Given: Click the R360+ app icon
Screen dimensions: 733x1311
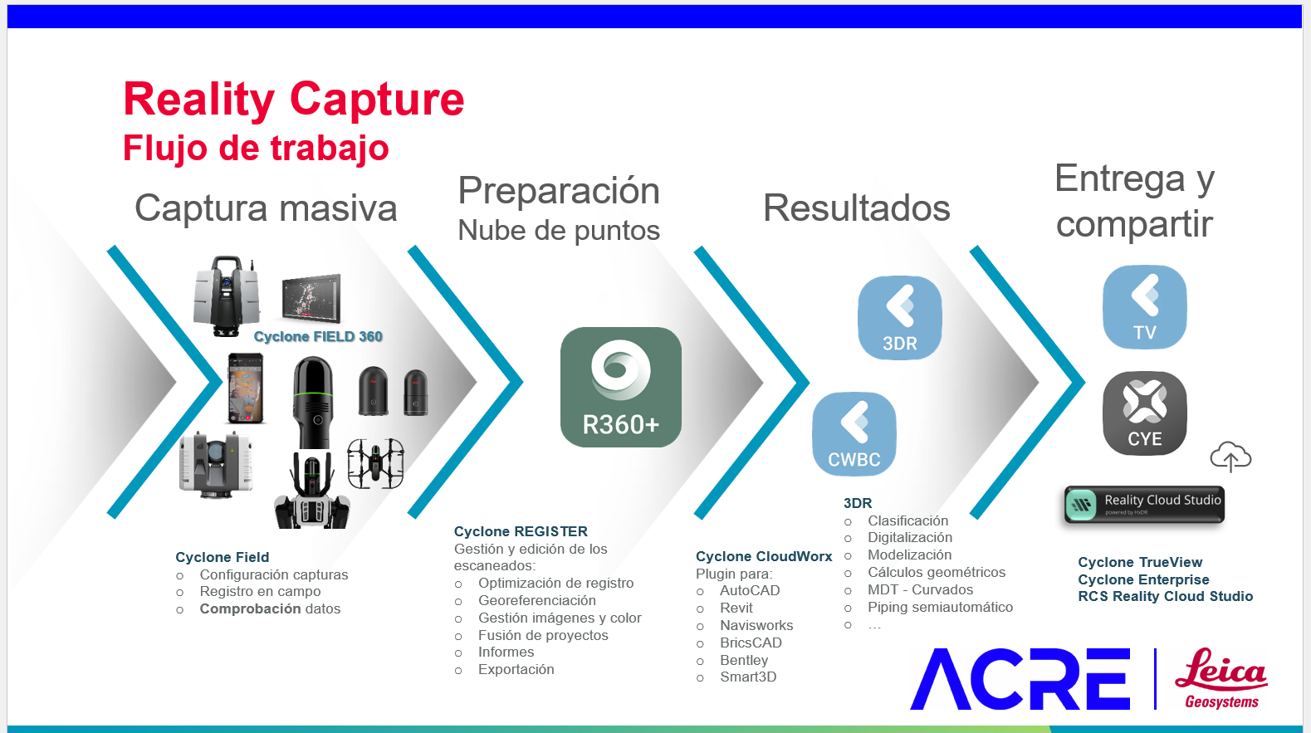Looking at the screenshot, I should pos(620,387).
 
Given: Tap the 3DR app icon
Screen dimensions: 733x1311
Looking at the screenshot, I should pos(899,318).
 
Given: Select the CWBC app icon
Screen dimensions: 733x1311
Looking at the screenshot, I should pos(854,433).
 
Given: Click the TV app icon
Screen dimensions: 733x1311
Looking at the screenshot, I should pos(1144,306).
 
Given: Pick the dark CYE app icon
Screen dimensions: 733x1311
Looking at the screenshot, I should pos(1144,413).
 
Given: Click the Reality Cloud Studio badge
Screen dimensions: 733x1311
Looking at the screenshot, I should pos(1144,504).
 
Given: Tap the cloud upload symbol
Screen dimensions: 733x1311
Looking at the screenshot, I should pos(1230,457).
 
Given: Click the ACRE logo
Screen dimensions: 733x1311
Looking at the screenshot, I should pos(1020,679).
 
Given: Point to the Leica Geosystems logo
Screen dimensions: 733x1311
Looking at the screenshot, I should pos(1221,679).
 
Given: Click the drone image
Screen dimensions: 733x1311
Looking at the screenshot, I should pos(375,463).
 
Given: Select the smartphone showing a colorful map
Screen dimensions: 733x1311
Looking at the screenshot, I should pos(246,388).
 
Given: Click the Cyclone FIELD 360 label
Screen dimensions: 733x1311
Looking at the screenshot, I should pos(318,336).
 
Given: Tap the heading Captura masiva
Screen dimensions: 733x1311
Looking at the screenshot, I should pos(266,208).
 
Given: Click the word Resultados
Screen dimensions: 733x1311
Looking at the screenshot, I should pos(856,208).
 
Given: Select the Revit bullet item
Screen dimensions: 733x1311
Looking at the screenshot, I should pos(736,608).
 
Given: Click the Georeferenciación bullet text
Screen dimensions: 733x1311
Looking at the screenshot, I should pos(536,600).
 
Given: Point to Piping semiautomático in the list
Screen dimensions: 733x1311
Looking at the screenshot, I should pos(940,607).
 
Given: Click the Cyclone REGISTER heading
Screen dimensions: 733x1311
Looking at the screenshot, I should pos(521,531).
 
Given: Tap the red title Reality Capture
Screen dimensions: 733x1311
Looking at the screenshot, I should pos(293,100).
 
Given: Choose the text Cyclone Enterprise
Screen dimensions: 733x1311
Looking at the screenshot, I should pos(1143,579).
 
